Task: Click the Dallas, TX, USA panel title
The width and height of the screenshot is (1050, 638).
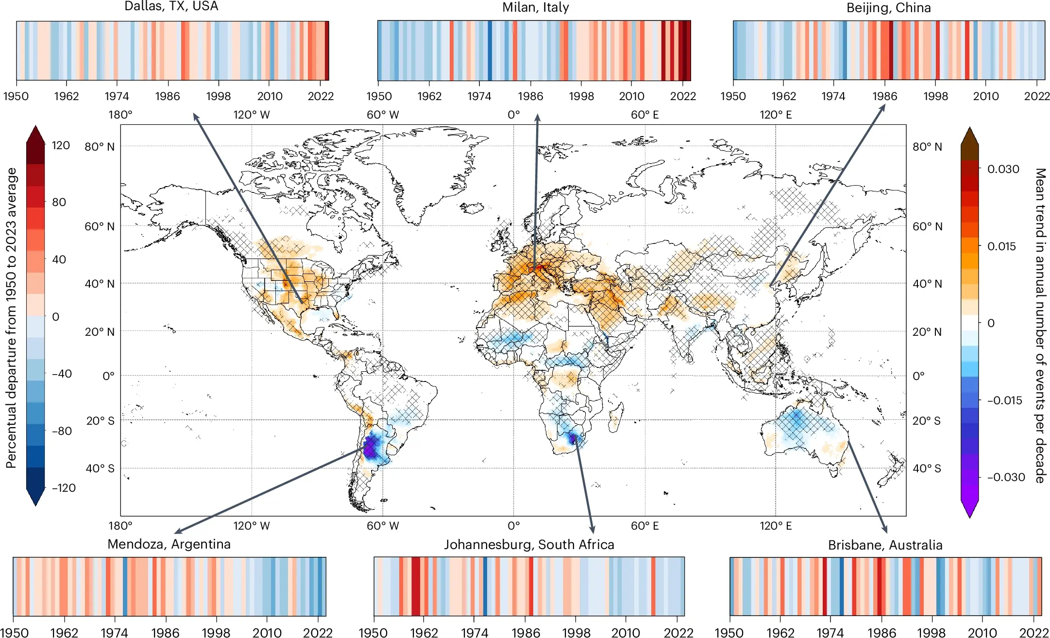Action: click(171, 6)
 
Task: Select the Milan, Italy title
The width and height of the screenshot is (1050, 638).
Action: click(535, 7)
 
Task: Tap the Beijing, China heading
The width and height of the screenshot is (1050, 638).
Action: click(888, 8)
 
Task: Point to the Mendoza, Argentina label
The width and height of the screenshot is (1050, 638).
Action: click(169, 544)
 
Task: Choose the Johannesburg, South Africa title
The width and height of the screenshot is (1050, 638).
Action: click(529, 544)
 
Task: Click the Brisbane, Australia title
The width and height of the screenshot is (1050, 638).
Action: click(885, 545)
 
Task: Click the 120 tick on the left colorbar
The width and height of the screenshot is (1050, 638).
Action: click(61, 145)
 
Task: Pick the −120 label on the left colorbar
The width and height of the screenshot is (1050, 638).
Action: click(64, 488)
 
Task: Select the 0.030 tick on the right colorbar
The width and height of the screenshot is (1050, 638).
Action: click(1003, 169)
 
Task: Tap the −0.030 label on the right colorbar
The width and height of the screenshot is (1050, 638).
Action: click(1006, 477)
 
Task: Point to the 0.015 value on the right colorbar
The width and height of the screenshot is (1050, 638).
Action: click(1001, 246)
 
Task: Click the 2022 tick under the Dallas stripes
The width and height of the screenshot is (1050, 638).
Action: click(321, 96)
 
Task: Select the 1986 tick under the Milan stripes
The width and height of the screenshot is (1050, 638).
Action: click(530, 96)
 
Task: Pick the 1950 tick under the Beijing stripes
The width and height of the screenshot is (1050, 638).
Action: click(733, 96)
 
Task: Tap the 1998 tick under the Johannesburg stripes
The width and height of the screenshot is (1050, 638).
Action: click(576, 633)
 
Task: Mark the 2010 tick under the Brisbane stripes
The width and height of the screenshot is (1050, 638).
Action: click(982, 633)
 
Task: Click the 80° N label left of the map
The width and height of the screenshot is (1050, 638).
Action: click(100, 147)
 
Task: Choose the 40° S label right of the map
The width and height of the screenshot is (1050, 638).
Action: click(927, 468)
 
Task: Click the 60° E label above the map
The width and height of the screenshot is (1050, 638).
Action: click(644, 115)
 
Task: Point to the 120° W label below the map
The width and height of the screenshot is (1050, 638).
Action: click(252, 526)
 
